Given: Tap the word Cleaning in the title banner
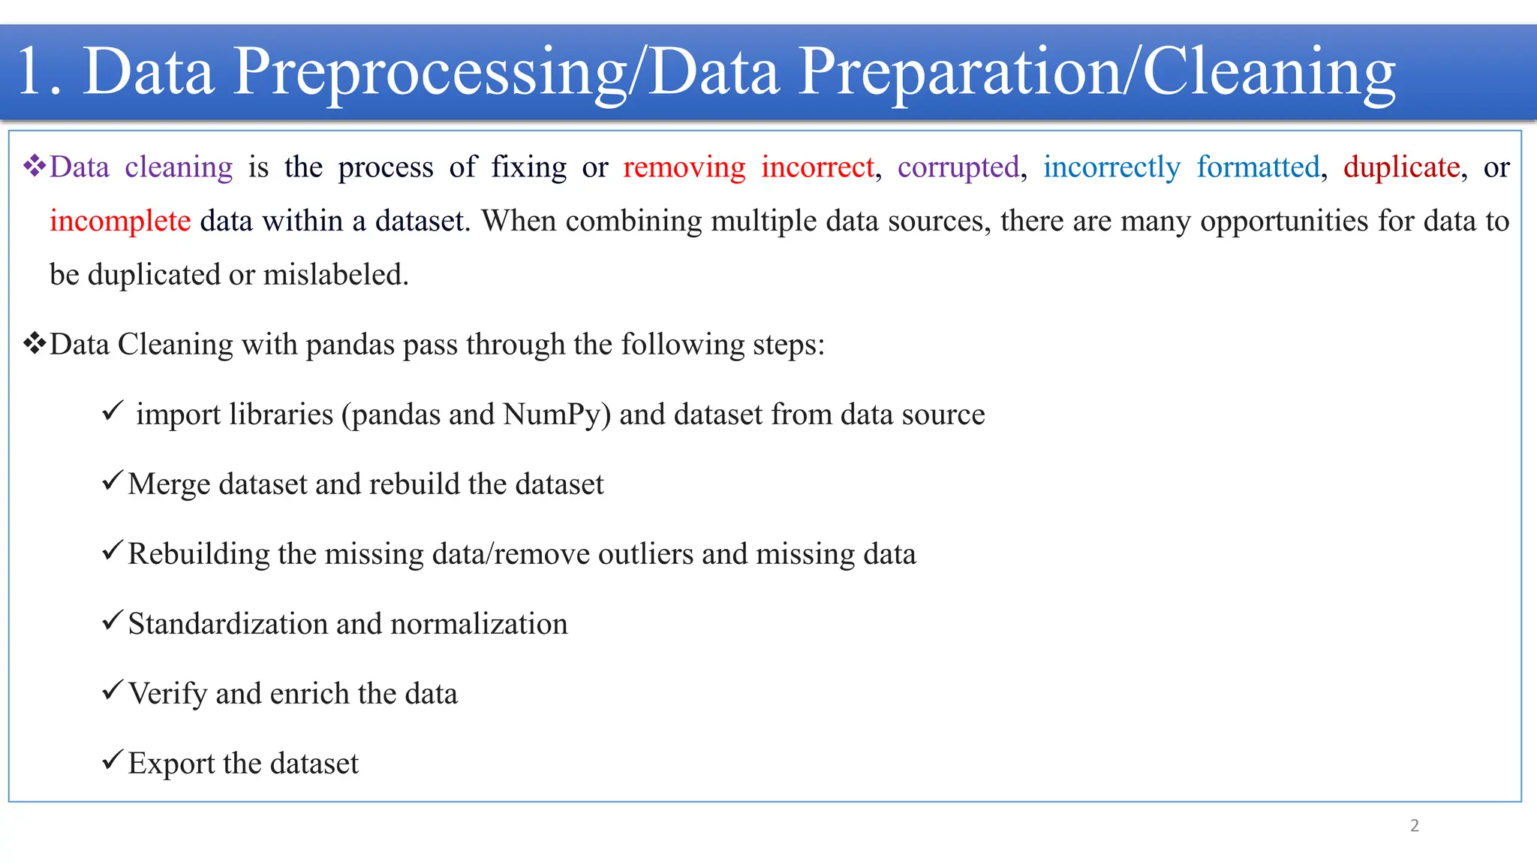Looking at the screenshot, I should (x=1268, y=72).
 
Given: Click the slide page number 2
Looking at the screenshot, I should (x=1414, y=825).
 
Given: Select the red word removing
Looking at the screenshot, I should (x=684, y=167).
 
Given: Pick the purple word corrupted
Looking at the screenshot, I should (x=958, y=167).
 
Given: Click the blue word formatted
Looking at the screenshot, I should (x=1258, y=167).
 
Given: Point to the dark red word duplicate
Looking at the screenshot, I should (x=1401, y=167).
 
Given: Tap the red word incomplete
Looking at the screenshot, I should (x=120, y=221).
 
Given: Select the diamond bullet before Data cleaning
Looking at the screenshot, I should (x=35, y=166).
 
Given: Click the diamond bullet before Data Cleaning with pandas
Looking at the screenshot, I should (x=35, y=344).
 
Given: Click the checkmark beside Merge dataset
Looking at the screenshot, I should (x=112, y=481).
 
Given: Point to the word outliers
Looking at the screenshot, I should (x=645, y=554).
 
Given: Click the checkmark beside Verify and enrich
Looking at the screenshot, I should (x=112, y=690).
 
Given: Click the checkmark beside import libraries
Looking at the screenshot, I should (x=112, y=411).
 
